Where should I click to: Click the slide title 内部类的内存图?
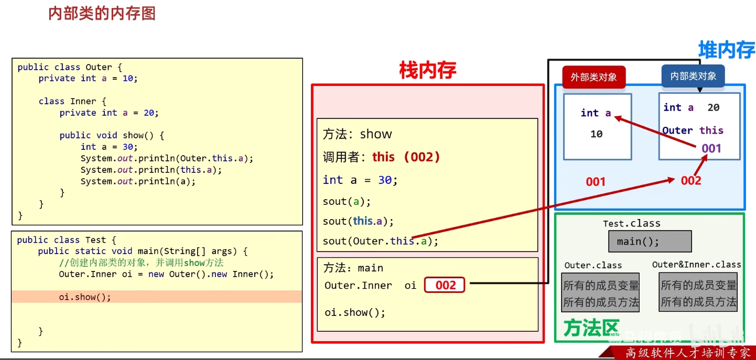[102, 13]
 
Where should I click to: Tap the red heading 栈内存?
[427, 70]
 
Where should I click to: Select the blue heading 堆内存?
[726, 50]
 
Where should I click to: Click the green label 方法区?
[591, 328]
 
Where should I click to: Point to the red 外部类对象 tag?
[593, 77]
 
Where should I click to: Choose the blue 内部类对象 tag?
[693, 76]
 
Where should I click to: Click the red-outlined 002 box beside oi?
[445, 285]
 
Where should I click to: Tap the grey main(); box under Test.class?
[650, 242]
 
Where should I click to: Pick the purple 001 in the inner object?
[711, 148]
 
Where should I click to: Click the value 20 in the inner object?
[713, 107]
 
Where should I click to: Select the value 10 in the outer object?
[596, 134]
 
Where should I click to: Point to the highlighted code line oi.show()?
[85, 297]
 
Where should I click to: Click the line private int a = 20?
[109, 113]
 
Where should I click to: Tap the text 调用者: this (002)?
[381, 157]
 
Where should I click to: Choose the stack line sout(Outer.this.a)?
[380, 241]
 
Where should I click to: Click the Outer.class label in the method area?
[593, 265]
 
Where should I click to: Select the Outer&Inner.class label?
[696, 265]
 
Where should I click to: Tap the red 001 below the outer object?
[596, 182]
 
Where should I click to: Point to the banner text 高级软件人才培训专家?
[687, 353]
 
